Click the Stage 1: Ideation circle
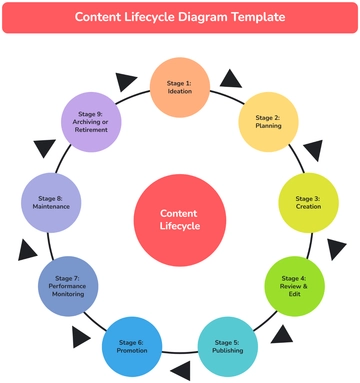[x=180, y=86]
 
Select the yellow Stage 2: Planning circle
[x=268, y=121]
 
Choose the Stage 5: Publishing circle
[x=226, y=345]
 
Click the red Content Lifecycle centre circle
[x=180, y=220]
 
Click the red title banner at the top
[x=180, y=17]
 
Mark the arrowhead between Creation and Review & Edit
[x=338, y=244]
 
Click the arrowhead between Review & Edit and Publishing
[x=281, y=333]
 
